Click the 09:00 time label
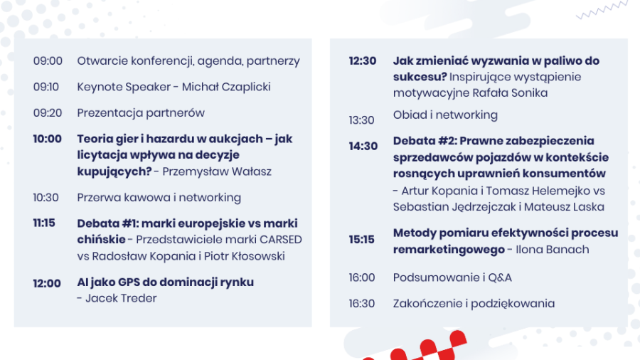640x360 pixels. [48, 60]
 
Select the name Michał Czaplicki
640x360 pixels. [226, 87]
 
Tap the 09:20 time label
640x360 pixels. [48, 113]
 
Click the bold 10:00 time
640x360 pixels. [48, 139]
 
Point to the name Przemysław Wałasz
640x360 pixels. [217, 171]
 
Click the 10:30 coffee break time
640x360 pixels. [46, 198]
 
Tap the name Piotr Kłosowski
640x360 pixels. [245, 256]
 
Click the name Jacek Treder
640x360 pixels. [121, 298]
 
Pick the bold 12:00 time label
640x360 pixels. [47, 283]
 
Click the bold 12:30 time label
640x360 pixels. [363, 60]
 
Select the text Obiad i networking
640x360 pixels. [445, 115]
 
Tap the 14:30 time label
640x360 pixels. [363, 146]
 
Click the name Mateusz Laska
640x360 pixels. [564, 207]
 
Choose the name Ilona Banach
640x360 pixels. [553, 250]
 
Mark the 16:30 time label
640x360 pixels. [362, 304]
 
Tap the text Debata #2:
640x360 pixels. [425, 141]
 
